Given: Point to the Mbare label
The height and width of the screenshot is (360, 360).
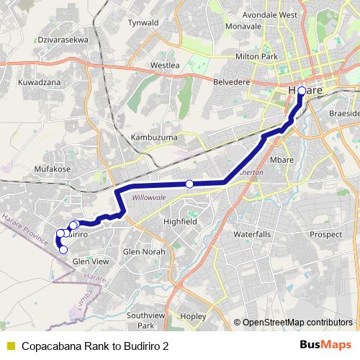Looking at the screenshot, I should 282,160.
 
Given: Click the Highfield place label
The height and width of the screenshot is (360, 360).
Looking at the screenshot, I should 180,222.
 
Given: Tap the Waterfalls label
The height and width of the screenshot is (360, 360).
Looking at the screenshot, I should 252,235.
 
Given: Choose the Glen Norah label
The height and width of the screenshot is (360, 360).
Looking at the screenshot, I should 144,252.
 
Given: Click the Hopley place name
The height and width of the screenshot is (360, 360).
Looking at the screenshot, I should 194,315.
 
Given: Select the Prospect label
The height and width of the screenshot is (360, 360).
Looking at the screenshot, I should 327,235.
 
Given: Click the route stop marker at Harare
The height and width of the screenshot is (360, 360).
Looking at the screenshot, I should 302,91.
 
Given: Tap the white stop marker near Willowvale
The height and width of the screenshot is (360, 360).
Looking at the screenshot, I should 189,184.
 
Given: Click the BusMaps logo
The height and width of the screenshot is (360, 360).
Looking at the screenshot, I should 325,345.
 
